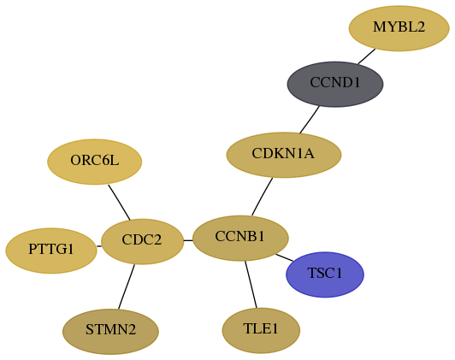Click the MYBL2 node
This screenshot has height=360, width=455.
coord(399,28)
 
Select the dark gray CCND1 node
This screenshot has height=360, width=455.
coord(335,84)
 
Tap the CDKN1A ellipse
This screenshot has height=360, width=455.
coord(284,155)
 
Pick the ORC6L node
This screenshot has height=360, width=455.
coord(95,162)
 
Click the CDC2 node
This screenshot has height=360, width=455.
coord(142,241)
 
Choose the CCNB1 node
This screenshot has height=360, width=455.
coord(240,239)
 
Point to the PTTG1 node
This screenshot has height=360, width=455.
coord(51,251)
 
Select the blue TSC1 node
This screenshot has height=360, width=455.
coord(325,274)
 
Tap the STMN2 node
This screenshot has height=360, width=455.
coord(110,332)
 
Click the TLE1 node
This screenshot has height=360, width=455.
coord(261,331)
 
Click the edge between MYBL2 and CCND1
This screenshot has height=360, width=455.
coord(367,56)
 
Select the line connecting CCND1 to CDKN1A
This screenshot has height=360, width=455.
coord(310,120)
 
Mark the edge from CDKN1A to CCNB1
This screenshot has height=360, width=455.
coord(262,197)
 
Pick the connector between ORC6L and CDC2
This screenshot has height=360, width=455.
coord(119,202)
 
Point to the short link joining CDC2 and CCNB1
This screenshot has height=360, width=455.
coord(188,240)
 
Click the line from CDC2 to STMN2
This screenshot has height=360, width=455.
coord(127,286)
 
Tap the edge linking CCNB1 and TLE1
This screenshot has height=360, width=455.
coord(251,284)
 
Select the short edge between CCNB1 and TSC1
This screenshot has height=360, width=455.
coord(284,257)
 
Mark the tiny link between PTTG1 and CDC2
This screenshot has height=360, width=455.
coord(99,246)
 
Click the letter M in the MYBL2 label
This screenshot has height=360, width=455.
coord(379,27)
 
